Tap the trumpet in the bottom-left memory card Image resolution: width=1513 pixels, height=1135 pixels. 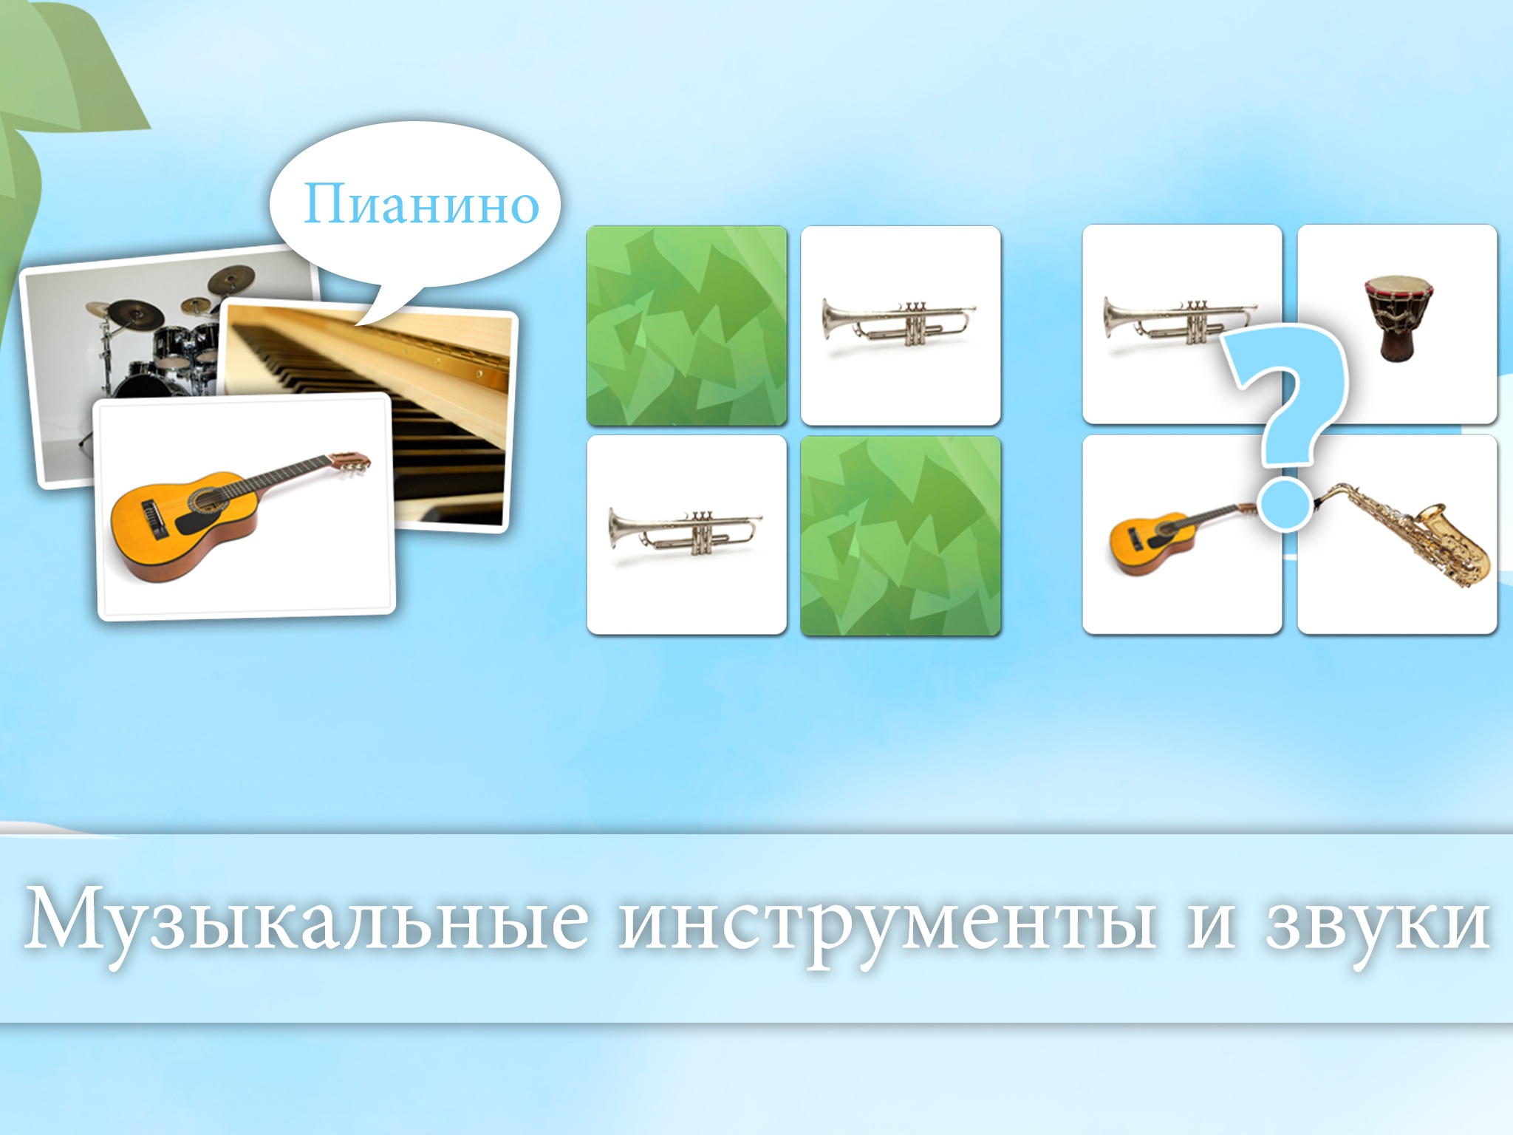[685, 530]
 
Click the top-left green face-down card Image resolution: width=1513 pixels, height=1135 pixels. [686, 326]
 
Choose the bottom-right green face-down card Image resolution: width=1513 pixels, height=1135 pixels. [901, 536]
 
